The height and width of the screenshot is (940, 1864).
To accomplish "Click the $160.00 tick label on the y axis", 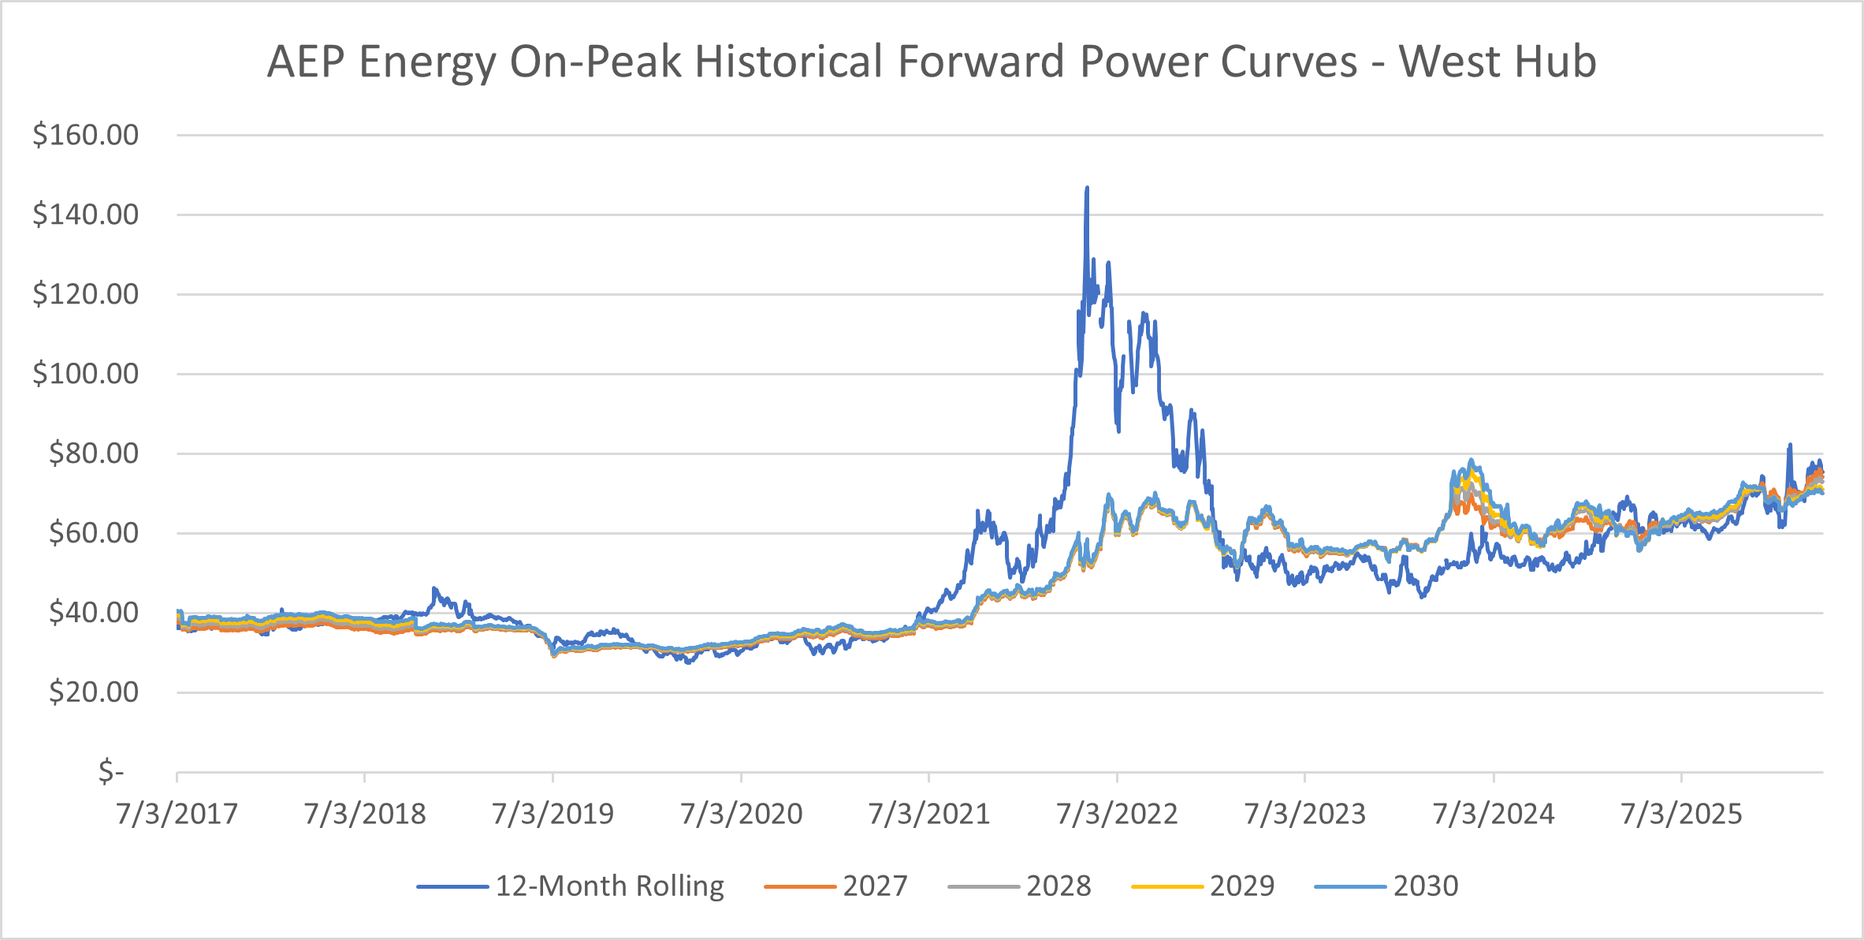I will (x=85, y=135).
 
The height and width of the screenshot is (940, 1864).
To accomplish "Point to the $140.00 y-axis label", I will (x=85, y=214).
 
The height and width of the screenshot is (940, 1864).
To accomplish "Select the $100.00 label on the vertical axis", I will (x=85, y=374).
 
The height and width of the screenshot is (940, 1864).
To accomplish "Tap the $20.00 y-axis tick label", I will (x=93, y=692).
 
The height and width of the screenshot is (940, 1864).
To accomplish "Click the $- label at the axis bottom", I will (x=111, y=771).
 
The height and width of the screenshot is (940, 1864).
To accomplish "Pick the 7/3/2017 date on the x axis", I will (x=177, y=814).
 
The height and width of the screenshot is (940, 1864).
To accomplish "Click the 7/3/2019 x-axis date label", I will (x=553, y=814).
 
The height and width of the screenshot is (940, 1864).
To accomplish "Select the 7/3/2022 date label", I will (x=1117, y=814).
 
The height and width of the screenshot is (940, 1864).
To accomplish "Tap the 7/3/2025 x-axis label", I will (x=1681, y=814).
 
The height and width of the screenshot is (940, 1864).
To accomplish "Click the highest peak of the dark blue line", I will (x=1087, y=188).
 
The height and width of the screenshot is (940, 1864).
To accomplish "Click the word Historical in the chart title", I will (x=788, y=62).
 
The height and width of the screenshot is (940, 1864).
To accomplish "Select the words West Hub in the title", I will (x=1498, y=62).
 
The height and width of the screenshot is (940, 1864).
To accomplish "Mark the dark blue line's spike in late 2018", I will (x=434, y=589).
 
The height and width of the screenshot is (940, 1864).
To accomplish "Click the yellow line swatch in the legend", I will (x=1166, y=887).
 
